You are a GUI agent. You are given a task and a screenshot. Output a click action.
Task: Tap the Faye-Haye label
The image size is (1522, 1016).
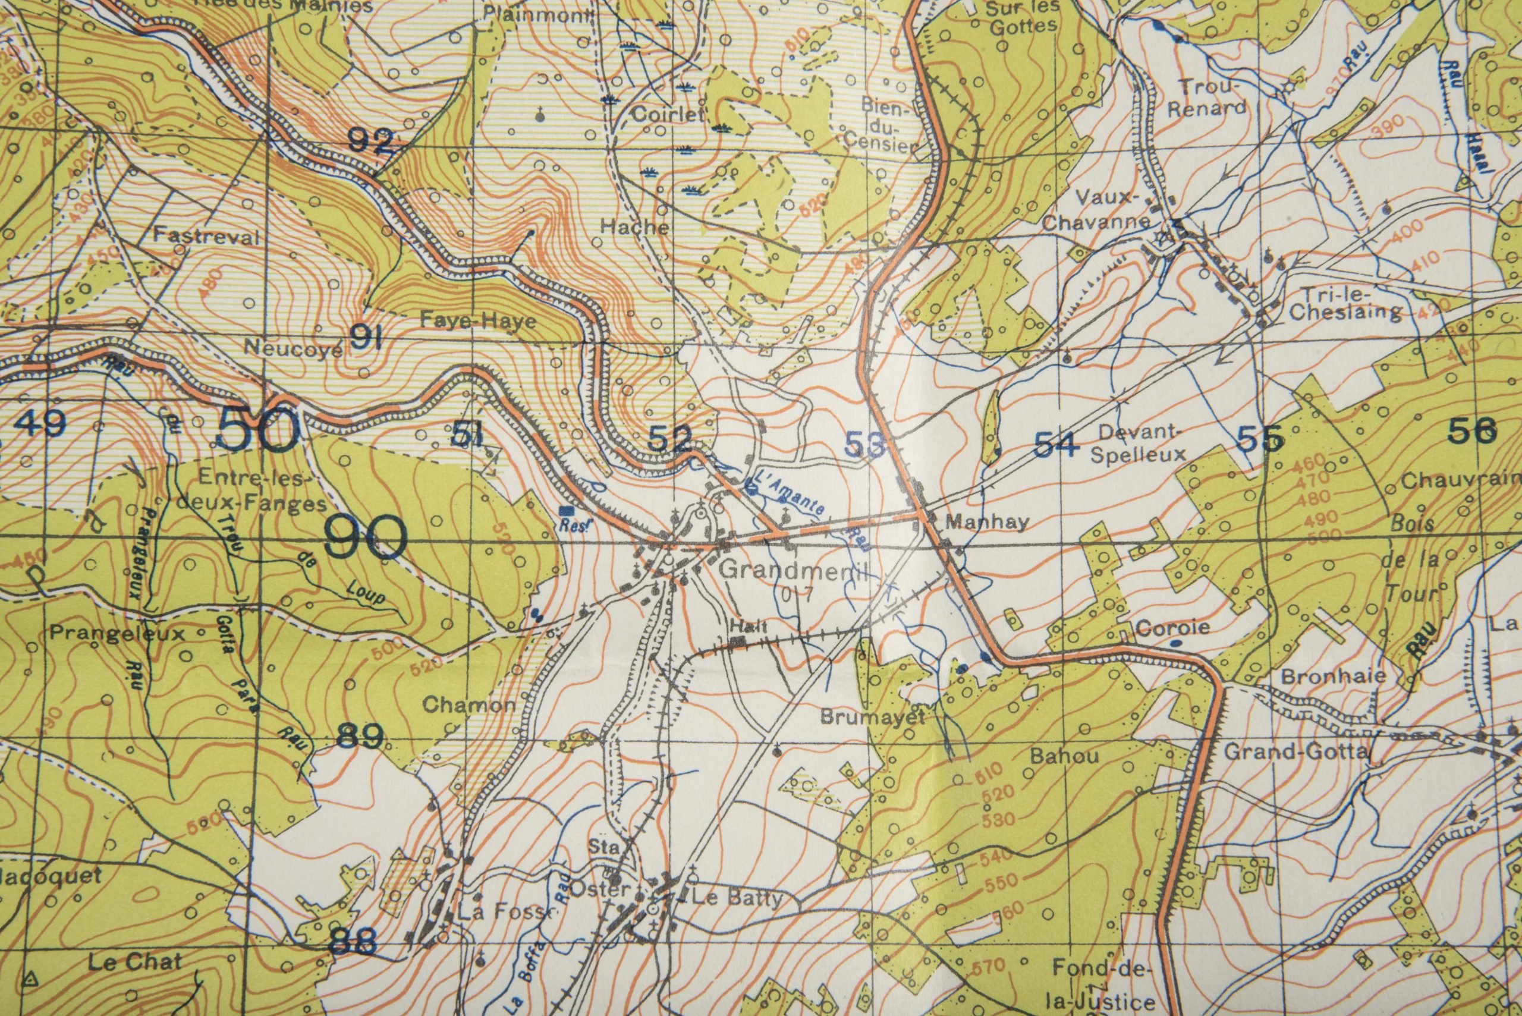[x=478, y=322]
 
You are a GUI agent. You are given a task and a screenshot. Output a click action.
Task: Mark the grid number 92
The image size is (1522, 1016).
[x=370, y=140]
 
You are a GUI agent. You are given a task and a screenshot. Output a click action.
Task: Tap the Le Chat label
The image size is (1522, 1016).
[x=135, y=963]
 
